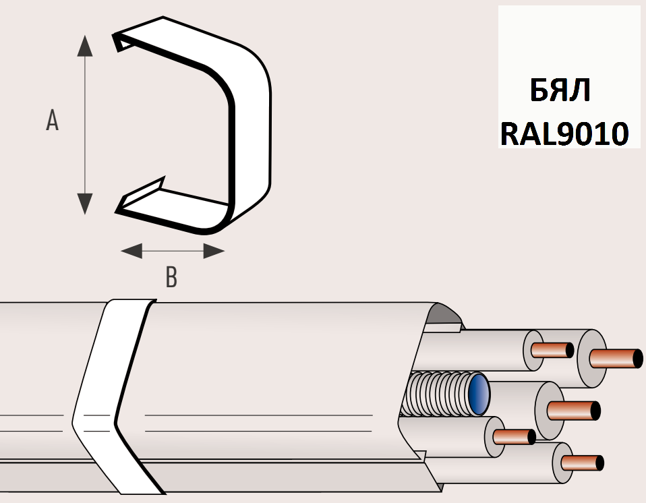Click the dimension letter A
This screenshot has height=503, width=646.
[x=52, y=121]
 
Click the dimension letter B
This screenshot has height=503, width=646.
[x=171, y=277]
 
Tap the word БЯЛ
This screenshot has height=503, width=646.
[x=560, y=90]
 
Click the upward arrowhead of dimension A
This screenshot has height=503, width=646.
[x=84, y=46]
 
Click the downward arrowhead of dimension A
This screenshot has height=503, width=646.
[x=84, y=202]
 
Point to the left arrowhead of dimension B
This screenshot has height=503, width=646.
[x=131, y=251]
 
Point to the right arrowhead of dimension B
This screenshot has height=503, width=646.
[x=214, y=251]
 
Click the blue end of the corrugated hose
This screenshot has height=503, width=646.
[x=479, y=393]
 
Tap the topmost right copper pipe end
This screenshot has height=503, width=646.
[x=617, y=357]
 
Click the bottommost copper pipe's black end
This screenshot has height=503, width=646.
[x=599, y=463]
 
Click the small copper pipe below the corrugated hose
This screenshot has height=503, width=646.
[x=514, y=436]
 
